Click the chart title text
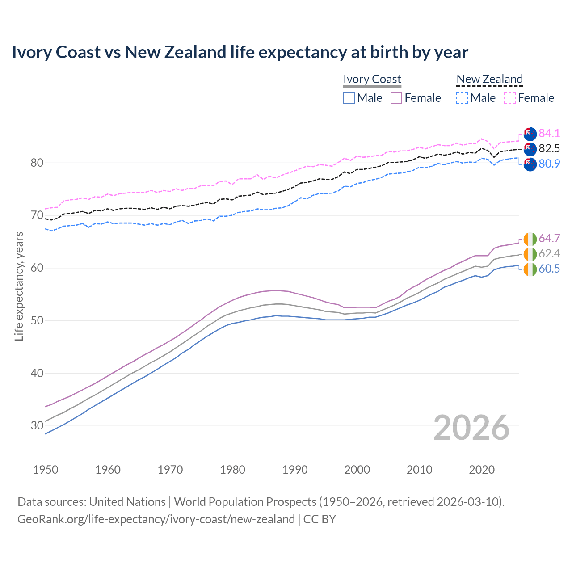[x=240, y=52]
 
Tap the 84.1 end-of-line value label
[x=549, y=133]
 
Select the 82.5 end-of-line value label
[x=549, y=148]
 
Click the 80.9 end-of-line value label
[x=549, y=164]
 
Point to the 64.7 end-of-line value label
[x=549, y=238]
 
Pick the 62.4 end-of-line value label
[x=549, y=253]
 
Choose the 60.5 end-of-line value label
[x=549, y=269]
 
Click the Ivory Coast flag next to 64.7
[x=530, y=239]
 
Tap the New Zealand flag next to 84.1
[x=530, y=134]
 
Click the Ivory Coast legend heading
[x=372, y=79]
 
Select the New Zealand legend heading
[x=489, y=79]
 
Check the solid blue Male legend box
[x=349, y=98]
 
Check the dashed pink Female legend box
[x=510, y=98]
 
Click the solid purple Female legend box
[x=396, y=98]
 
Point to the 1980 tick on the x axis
[x=233, y=470]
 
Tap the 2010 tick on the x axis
[x=419, y=470]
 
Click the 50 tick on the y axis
[x=37, y=320]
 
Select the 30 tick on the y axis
[x=37, y=425]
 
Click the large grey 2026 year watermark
[x=471, y=428]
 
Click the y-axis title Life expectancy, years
[x=19, y=286]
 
